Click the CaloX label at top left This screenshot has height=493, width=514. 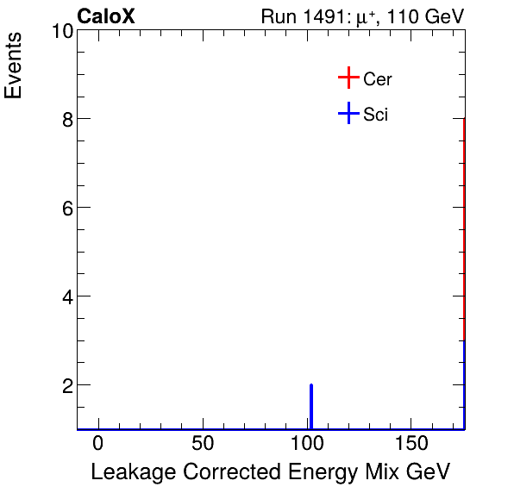point(106,16)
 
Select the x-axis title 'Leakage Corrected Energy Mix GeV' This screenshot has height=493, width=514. point(270,471)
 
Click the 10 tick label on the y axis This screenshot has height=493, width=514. point(60,32)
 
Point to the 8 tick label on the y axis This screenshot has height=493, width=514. point(66,119)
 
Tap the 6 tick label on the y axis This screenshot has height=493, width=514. point(66,208)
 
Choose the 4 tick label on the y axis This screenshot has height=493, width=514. point(66,296)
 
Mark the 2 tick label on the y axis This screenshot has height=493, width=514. point(66,385)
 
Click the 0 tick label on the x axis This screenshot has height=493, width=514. point(98,442)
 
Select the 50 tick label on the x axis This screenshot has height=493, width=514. point(203,442)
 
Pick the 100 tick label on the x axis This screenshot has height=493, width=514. point(307,442)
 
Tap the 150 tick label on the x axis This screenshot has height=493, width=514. point(411,442)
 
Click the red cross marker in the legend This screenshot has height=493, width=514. point(348,78)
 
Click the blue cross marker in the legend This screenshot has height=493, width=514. point(348,114)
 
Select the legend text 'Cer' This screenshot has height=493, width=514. point(378,79)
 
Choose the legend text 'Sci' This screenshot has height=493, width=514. point(376,115)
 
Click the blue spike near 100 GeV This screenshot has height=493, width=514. point(310,406)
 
